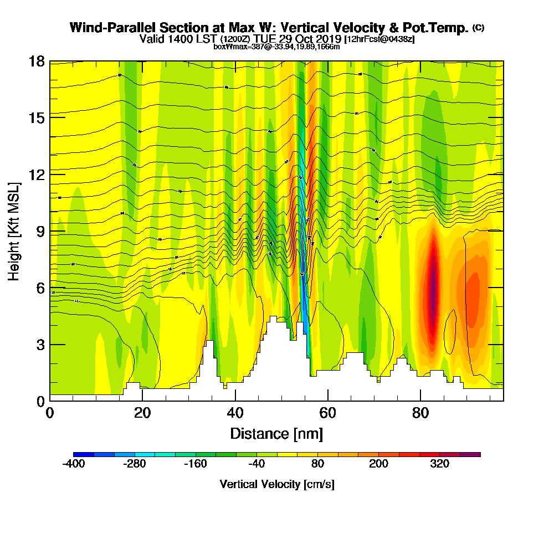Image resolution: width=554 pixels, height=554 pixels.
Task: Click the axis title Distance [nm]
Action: [276, 433]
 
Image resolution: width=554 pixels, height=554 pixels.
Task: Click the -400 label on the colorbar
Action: [74, 464]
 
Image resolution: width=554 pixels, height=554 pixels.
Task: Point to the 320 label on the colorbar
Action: [440, 464]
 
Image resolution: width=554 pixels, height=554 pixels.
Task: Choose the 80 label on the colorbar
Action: [317, 464]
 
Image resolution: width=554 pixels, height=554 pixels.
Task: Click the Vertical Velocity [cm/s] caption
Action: [277, 484]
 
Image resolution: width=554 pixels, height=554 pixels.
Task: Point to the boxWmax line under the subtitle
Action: [276, 47]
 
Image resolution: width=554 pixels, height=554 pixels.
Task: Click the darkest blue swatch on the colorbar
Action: [84, 454]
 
